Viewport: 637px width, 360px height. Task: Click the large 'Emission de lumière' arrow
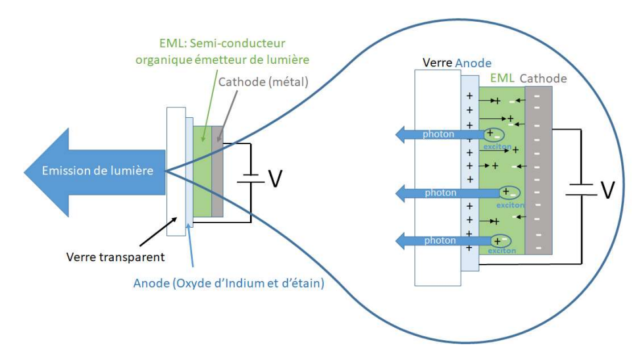tap(92, 171)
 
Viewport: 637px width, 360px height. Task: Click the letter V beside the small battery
tap(275, 176)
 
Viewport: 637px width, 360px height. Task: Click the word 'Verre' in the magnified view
tap(437, 63)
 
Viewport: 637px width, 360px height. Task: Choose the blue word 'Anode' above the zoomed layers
tap(473, 63)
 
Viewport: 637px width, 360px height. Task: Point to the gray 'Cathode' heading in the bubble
tap(544, 78)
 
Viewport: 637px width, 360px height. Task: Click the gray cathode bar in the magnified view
tap(538, 171)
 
